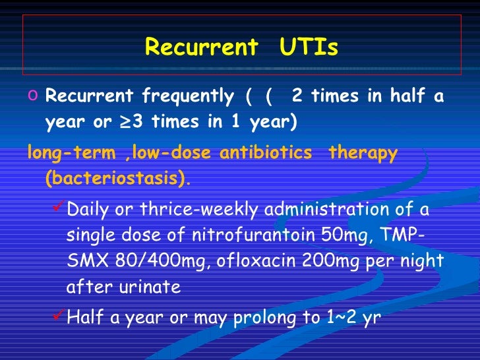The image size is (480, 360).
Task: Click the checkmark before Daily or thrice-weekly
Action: [x=57, y=209]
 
